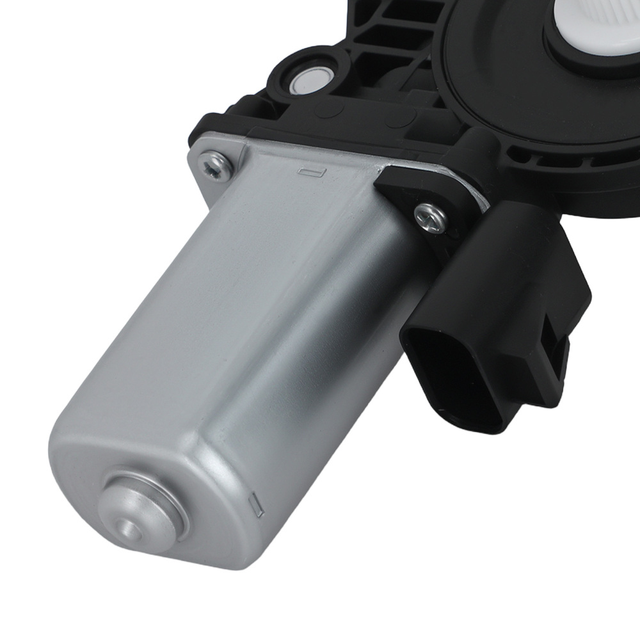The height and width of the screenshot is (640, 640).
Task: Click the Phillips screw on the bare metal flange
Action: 216,166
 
